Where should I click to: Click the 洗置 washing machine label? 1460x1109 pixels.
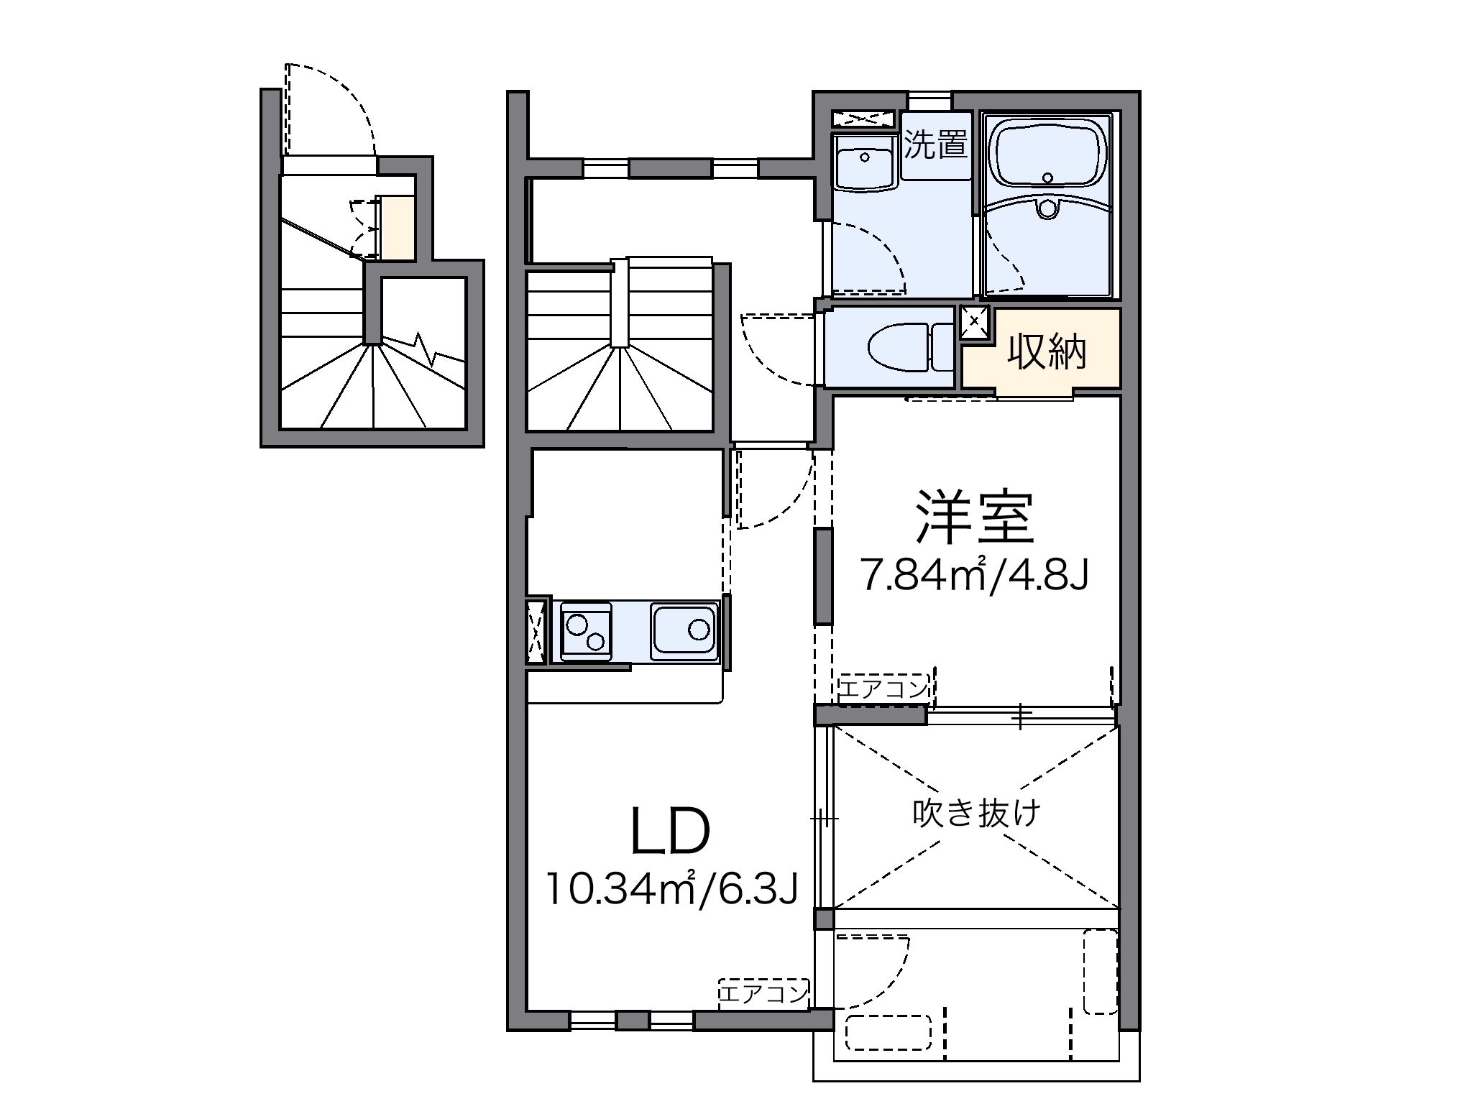tap(935, 146)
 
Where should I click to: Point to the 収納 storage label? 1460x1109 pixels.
tap(1046, 351)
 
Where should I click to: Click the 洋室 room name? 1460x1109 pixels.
tap(974, 517)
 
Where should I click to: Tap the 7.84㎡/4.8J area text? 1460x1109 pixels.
tap(975, 575)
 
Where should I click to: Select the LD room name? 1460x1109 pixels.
tap(670, 832)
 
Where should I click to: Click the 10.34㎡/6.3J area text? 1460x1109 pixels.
tap(671, 888)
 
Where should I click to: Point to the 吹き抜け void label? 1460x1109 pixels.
tap(976, 814)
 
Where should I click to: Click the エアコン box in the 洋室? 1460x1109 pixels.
tap(883, 689)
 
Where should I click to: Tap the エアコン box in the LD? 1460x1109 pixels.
tap(763, 994)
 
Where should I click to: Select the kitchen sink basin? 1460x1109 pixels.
tap(685, 630)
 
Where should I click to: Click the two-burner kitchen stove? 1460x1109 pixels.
tap(585, 631)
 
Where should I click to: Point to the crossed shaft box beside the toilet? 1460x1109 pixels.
tap(975, 321)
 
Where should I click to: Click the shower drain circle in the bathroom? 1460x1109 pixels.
tap(1047, 208)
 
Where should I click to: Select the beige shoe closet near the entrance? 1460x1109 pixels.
tap(398, 228)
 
